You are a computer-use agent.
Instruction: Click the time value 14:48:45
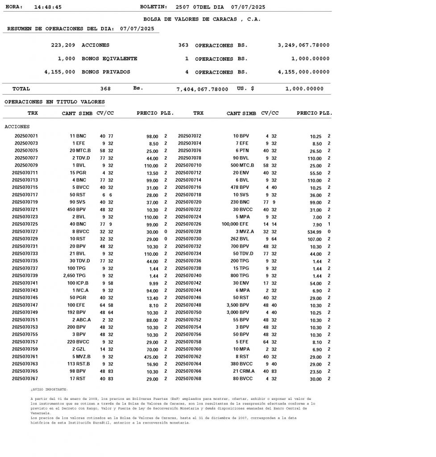coord(48,7)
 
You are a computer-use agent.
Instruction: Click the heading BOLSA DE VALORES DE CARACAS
coord(202,19)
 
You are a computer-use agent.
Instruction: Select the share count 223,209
coord(64,45)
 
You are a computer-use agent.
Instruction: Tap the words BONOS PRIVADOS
coord(106,72)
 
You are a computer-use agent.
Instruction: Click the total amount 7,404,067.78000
coord(202,89)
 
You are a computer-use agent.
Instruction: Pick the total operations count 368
coord(105,89)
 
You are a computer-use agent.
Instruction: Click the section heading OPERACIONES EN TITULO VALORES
coord(54,102)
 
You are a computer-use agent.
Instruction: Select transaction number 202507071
coord(26,136)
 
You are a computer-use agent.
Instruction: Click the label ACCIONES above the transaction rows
coord(17,127)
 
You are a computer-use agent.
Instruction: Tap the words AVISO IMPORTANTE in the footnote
coord(49,390)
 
